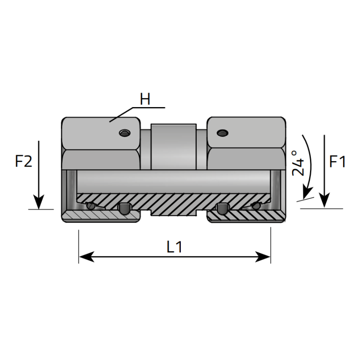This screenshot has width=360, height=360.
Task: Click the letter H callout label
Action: tap(144, 99)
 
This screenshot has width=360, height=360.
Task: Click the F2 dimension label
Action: tap(24, 161)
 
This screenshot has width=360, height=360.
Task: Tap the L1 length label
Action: tap(174, 247)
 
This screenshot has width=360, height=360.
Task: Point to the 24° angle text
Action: tap(298, 162)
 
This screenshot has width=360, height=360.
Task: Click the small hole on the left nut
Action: tap(123, 133)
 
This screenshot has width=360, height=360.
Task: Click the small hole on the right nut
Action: tap(221, 133)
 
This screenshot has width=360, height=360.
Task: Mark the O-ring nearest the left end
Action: tap(91, 206)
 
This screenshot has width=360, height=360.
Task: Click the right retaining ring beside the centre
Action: tap(221, 208)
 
